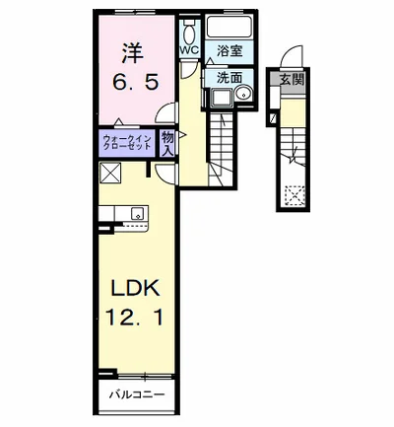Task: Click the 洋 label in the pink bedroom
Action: pos(133,53)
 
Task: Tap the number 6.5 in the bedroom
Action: pos(136,82)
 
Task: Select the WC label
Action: pos(189,50)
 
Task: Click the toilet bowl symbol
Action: pos(189,33)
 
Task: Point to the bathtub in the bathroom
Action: pos(230,27)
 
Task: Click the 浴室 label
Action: pos(230,51)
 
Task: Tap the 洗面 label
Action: pos(230,78)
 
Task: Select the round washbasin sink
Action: pos(244,95)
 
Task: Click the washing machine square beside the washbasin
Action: pos(223,98)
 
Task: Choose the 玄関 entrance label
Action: pos(292,79)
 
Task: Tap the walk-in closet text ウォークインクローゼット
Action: pos(127,143)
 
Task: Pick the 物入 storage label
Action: pos(167,144)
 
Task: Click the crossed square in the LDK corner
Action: pos(111,173)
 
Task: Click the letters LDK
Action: pos(136,288)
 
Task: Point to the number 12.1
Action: pos(134,318)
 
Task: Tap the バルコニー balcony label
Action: pos(137,394)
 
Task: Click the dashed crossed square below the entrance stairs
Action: pos(295,196)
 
